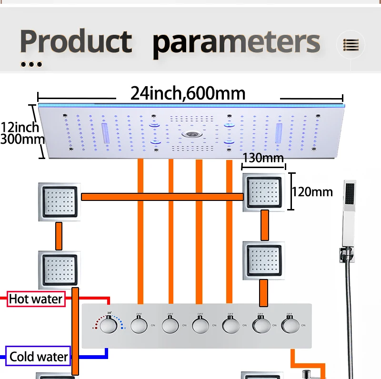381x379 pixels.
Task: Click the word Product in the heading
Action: [x=76, y=41]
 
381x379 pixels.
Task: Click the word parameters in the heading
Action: [x=236, y=42]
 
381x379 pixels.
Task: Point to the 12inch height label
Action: [x=20, y=128]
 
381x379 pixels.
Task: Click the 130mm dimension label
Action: [x=263, y=158]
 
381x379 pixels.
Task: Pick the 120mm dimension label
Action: [x=312, y=192]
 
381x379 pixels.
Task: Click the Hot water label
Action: [x=36, y=299]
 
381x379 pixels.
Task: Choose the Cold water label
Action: [x=39, y=356]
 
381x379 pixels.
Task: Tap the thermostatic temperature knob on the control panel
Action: [x=110, y=327]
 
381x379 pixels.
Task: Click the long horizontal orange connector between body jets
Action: [x=162, y=197]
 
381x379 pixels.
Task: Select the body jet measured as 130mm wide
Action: [x=264, y=192]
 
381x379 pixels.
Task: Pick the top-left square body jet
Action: [x=59, y=201]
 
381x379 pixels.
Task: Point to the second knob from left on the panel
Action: [x=140, y=326]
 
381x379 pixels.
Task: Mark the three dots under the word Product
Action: [x=31, y=64]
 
